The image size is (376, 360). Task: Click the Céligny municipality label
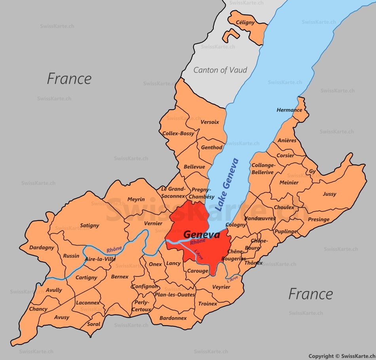click(245, 23)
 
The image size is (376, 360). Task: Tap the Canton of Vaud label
click(220, 70)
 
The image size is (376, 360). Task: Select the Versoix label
click(210, 122)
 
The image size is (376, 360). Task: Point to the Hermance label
click(289, 110)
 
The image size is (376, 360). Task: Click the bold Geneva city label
click(201, 235)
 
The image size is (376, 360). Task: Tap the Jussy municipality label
click(329, 194)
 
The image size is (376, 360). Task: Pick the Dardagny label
click(42, 248)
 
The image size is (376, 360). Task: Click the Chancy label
click(38, 309)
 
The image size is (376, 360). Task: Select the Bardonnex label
click(173, 318)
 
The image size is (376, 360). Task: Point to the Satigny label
click(89, 225)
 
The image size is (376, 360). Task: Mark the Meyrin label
click(136, 200)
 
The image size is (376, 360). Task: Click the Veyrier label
click(221, 287)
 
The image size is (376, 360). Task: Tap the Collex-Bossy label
click(179, 133)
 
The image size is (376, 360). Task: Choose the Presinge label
click(319, 219)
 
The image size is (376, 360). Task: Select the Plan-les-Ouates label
click(175, 295)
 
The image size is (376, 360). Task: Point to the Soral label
click(93, 324)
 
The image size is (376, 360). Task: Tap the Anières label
click(287, 141)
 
